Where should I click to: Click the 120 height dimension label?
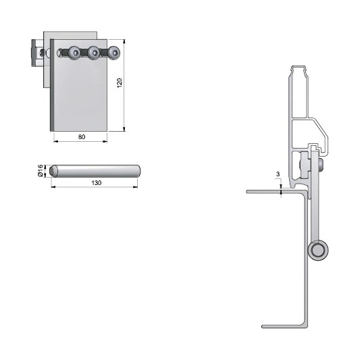coord(120,83)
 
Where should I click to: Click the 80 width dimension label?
coord(82,137)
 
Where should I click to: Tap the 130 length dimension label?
coord(97,183)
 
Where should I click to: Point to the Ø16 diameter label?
coord(40,171)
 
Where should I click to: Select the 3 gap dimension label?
coord(278,174)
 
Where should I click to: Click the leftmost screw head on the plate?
coord(75,53)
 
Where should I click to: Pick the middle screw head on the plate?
coord(94,53)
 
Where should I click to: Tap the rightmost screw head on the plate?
coord(114,53)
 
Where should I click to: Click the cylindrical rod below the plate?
coord(95,171)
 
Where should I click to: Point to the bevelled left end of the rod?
coord(53,171)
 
